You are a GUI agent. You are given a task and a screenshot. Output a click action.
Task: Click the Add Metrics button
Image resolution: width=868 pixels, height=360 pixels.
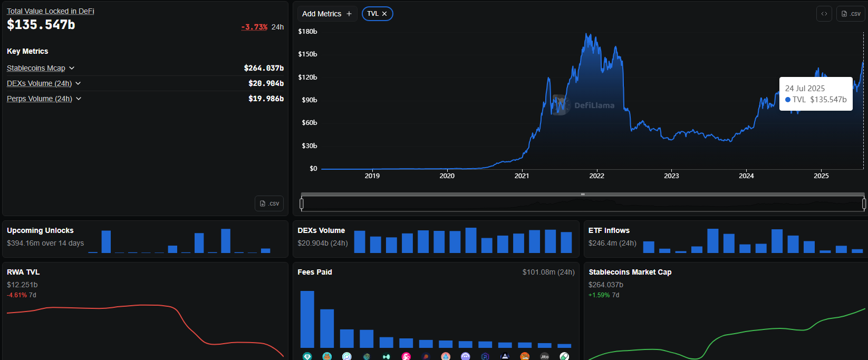click(x=327, y=14)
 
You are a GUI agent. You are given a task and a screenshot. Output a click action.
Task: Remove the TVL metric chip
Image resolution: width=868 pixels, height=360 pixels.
click(x=384, y=14)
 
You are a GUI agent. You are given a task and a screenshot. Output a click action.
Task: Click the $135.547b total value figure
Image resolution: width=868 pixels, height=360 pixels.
click(x=41, y=25)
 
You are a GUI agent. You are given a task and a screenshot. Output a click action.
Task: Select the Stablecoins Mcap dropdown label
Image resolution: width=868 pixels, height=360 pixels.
click(x=36, y=68)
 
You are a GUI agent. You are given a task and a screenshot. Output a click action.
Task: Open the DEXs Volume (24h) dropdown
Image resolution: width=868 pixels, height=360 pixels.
click(x=78, y=83)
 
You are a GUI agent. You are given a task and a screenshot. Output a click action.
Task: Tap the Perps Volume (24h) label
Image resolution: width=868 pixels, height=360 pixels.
click(x=40, y=99)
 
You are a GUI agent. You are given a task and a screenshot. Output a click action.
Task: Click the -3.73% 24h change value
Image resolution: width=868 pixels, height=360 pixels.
click(x=255, y=27)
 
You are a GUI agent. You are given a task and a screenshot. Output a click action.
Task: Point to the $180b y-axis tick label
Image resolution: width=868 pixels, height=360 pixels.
click(x=307, y=32)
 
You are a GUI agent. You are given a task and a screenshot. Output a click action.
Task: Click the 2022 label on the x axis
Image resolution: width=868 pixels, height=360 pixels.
click(x=596, y=176)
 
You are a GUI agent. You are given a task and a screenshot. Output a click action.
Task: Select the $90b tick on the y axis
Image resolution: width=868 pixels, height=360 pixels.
click(x=309, y=100)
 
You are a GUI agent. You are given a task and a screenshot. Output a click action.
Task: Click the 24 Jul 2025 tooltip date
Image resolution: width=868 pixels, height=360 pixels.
click(x=805, y=89)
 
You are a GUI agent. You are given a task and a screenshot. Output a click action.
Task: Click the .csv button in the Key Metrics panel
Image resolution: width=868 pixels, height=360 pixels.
click(x=269, y=203)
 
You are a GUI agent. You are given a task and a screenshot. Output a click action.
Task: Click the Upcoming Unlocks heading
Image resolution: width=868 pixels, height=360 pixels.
click(x=40, y=230)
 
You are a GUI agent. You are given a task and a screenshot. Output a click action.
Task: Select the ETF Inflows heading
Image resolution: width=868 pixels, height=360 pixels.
click(x=609, y=230)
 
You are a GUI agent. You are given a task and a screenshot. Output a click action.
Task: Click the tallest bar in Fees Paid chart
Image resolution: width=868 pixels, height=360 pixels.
click(x=307, y=319)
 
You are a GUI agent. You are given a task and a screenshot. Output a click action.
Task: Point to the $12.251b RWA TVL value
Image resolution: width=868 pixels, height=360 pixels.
click(x=22, y=285)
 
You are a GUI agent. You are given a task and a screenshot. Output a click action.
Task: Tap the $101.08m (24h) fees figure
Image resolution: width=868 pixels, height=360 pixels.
click(x=548, y=272)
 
